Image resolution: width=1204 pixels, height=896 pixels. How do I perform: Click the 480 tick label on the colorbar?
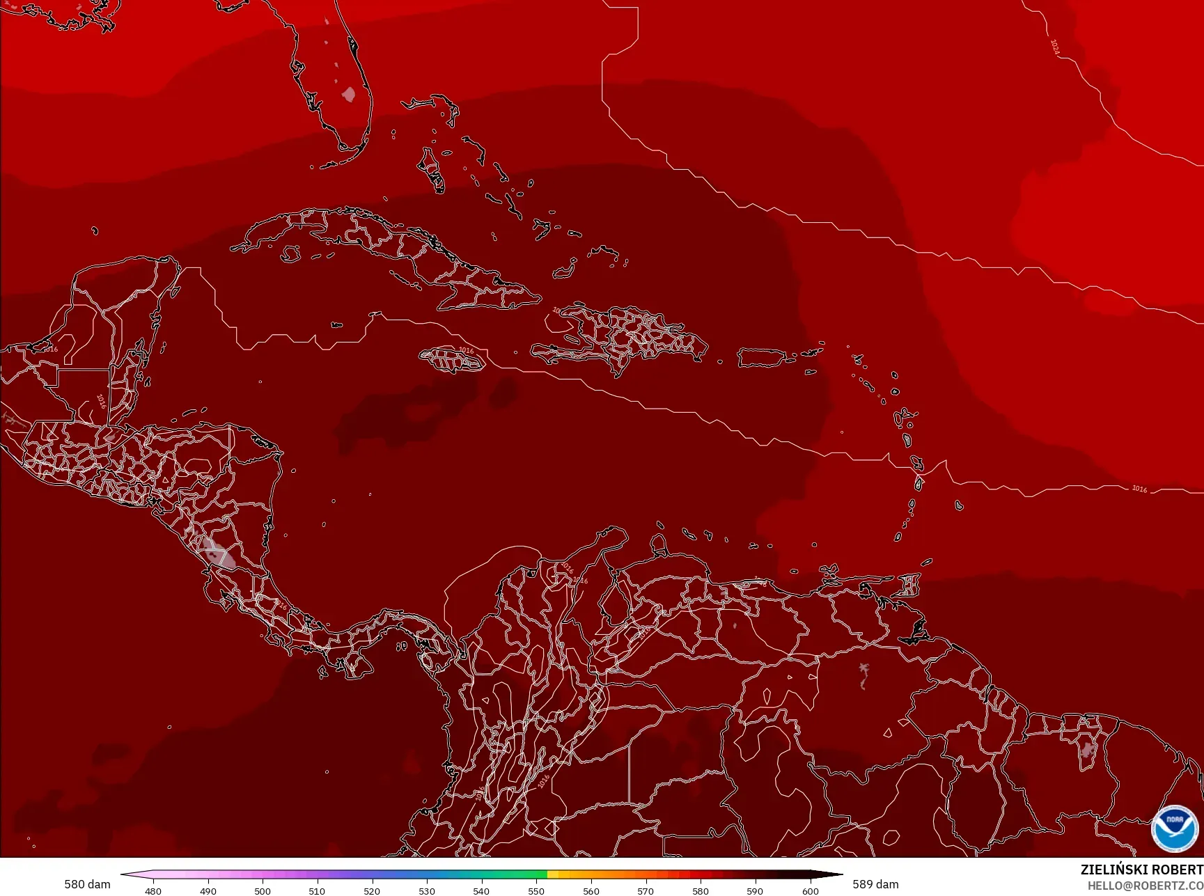(x=153, y=890)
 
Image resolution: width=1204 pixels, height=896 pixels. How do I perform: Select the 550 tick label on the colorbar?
(x=536, y=890)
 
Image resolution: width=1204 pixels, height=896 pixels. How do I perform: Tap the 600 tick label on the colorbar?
(x=811, y=890)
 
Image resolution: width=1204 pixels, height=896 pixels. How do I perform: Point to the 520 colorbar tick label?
(x=372, y=890)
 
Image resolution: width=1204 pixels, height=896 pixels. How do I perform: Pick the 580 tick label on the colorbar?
(x=701, y=890)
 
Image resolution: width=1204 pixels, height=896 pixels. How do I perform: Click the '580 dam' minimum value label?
(x=87, y=884)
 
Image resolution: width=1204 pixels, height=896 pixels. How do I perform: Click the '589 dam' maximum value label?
(x=875, y=884)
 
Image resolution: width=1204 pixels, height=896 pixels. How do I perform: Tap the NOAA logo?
(x=1175, y=828)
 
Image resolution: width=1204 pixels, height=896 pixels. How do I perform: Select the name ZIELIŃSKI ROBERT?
(x=1141, y=870)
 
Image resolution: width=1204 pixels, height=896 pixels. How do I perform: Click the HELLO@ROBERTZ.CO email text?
(x=1146, y=886)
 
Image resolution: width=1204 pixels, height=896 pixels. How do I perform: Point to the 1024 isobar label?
(x=1055, y=47)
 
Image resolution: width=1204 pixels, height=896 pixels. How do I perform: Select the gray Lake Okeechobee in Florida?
(x=349, y=93)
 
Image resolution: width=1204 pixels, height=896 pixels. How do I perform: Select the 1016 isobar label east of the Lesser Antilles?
(x=1139, y=489)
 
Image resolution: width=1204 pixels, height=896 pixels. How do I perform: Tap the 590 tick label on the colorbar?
(x=756, y=890)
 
